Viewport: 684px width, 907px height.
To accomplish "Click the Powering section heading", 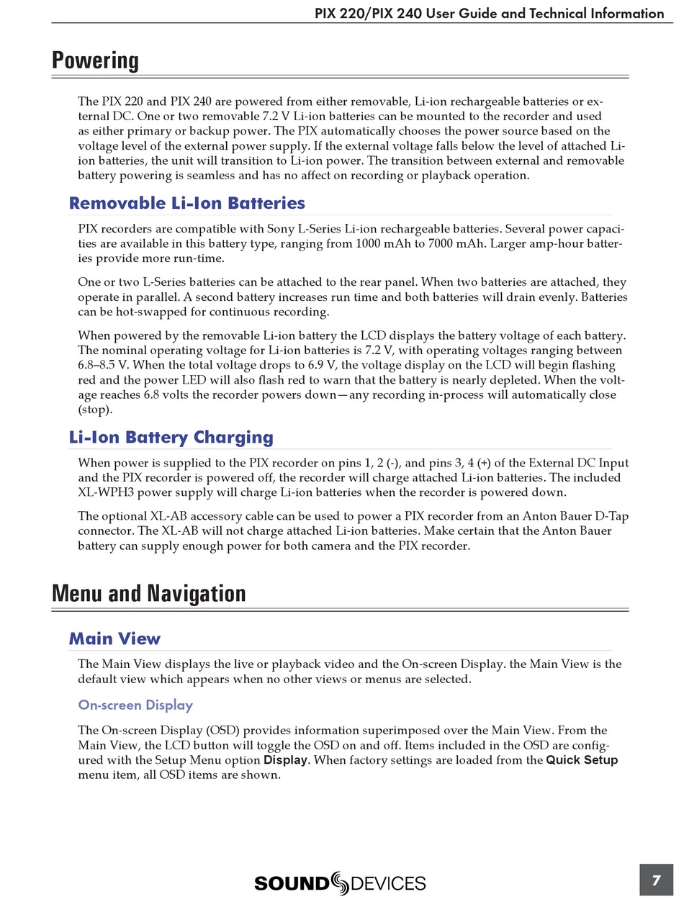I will (95, 60).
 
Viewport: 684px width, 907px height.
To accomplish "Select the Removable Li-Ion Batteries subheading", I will (186, 203).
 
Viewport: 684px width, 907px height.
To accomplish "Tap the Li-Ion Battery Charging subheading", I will (171, 437).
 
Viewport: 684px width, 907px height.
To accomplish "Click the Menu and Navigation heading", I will (148, 594).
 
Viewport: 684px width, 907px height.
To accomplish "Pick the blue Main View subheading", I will (114, 638).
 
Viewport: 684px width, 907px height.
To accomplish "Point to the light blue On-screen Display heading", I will (135, 705).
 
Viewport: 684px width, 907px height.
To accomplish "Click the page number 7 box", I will (656, 880).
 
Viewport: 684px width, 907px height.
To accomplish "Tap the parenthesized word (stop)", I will (95, 410).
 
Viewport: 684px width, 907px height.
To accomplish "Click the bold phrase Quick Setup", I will (582, 760).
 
